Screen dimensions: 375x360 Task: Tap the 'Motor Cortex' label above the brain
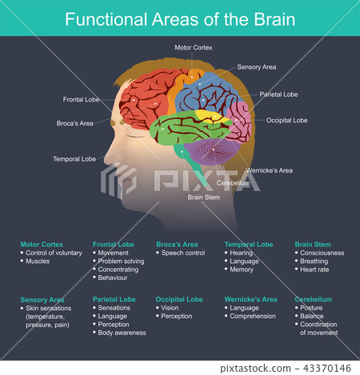[x=194, y=48]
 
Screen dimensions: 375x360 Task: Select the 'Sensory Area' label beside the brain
[x=257, y=67]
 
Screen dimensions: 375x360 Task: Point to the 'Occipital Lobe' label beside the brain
[x=286, y=121]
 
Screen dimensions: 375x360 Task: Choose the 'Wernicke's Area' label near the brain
[x=270, y=170]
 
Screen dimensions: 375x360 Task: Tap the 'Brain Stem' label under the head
[x=204, y=197]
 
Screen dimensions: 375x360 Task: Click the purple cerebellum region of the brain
[x=210, y=151]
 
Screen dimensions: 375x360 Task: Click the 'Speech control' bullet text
[x=183, y=253]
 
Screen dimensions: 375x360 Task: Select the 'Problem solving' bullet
[x=121, y=261]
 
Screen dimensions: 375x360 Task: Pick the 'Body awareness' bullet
[x=122, y=333]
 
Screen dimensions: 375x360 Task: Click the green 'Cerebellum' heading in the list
[x=313, y=299]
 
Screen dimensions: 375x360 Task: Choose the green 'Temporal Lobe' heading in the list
[x=249, y=244]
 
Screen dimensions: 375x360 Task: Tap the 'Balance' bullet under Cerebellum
[x=313, y=316]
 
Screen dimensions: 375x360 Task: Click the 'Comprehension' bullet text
[x=254, y=316]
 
